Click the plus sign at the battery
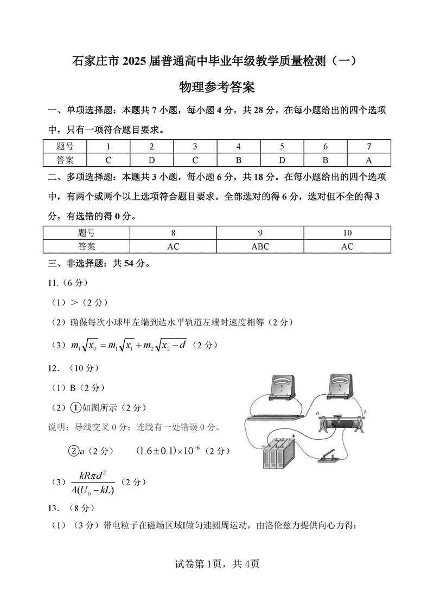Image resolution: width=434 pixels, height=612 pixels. click(x=293, y=437)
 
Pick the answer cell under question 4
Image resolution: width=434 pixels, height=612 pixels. click(x=239, y=160)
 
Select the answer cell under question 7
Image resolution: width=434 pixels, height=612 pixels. click(x=369, y=160)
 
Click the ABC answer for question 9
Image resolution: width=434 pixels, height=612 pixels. click(x=260, y=246)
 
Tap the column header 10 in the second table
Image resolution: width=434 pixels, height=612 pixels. click(x=347, y=233)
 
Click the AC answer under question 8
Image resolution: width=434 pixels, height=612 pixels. click(x=173, y=246)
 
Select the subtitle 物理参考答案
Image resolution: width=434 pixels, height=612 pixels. click(x=217, y=87)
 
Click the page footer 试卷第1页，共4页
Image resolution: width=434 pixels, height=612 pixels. click(x=216, y=564)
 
